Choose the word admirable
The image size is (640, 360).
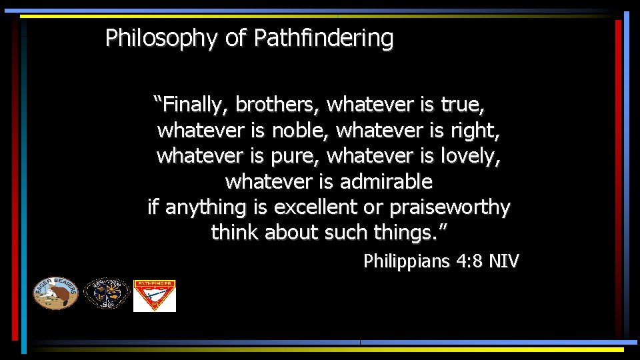tap(386, 181)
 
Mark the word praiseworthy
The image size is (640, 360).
tap(449, 207)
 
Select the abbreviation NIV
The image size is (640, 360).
tap(503, 261)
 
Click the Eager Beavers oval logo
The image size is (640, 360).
tap(56, 293)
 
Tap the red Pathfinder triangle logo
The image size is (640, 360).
tap(155, 295)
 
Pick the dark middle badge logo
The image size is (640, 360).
tap(106, 294)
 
